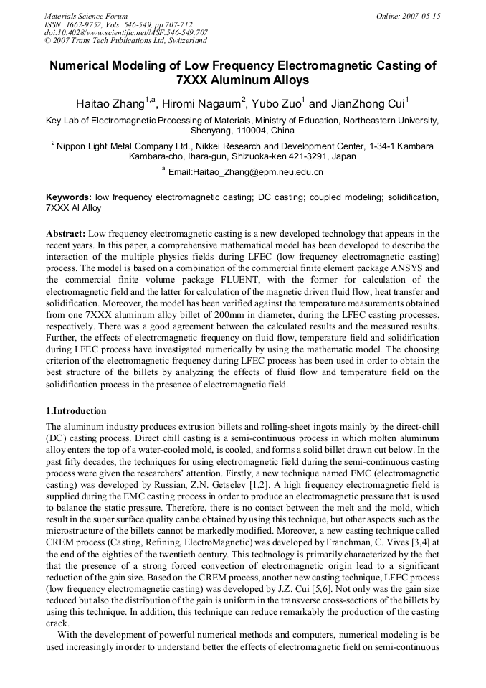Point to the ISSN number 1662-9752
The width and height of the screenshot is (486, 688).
[x=85, y=24]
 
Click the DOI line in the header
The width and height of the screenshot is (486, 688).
[x=125, y=32]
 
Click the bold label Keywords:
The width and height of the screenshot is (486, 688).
[x=69, y=197]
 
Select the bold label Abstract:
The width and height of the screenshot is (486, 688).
[x=66, y=234]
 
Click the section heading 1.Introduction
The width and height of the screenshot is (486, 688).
[x=76, y=411]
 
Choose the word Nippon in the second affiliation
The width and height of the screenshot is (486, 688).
[x=72, y=146]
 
